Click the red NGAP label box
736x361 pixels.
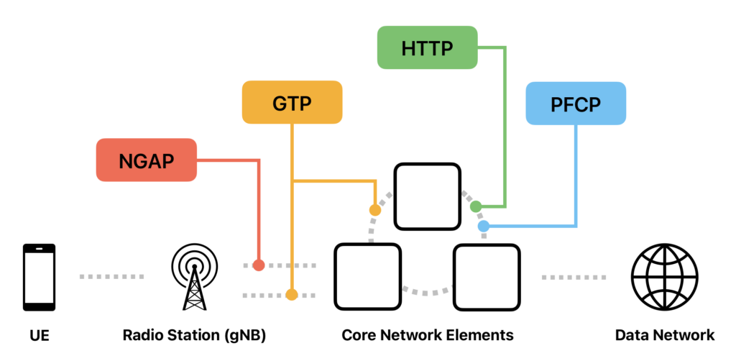tap(146, 160)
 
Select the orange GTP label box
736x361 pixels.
tap(292, 103)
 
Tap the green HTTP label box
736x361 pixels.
tap(427, 47)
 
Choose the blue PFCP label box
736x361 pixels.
tap(576, 104)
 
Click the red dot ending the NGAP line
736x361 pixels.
tap(259, 265)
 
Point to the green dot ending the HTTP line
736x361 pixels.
tap(475, 206)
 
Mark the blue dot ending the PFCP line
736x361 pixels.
tap(483, 226)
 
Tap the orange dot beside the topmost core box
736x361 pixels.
tap(374, 210)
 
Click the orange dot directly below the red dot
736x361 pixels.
tap(291, 294)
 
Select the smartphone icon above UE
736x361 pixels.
tap(39, 277)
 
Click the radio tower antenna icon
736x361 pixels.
tap(193, 277)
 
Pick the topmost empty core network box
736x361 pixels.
tap(427, 196)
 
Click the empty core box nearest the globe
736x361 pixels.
tap(486, 276)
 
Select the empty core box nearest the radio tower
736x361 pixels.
tap(367, 276)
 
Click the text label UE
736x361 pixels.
tap(39, 335)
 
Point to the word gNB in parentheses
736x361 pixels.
tap(244, 335)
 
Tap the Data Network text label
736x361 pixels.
tap(664, 335)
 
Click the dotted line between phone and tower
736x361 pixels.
tap(111, 277)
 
